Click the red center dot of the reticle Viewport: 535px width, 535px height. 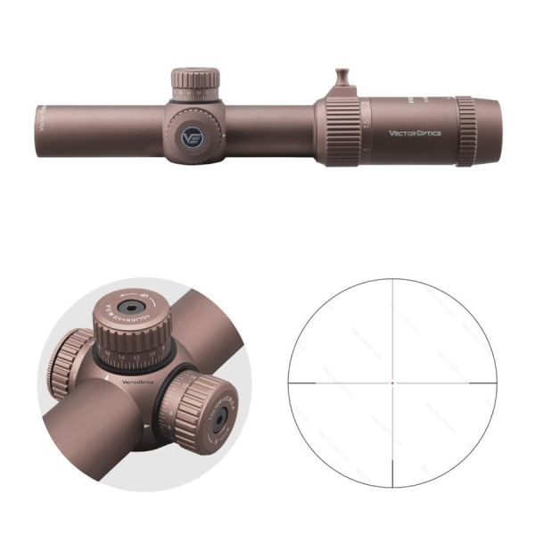pyautogui.click(x=392, y=382)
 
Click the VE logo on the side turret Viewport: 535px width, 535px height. pyautogui.click(x=191, y=137)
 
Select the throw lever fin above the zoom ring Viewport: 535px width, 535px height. pyautogui.click(x=343, y=81)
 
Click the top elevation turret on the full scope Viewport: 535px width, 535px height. pyautogui.click(x=195, y=83)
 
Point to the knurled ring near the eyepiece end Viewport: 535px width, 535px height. pyautogui.click(x=467, y=131)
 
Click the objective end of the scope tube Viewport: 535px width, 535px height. pyautogui.click(x=43, y=129)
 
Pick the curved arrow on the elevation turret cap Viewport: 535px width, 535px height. pyautogui.click(x=147, y=300)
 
